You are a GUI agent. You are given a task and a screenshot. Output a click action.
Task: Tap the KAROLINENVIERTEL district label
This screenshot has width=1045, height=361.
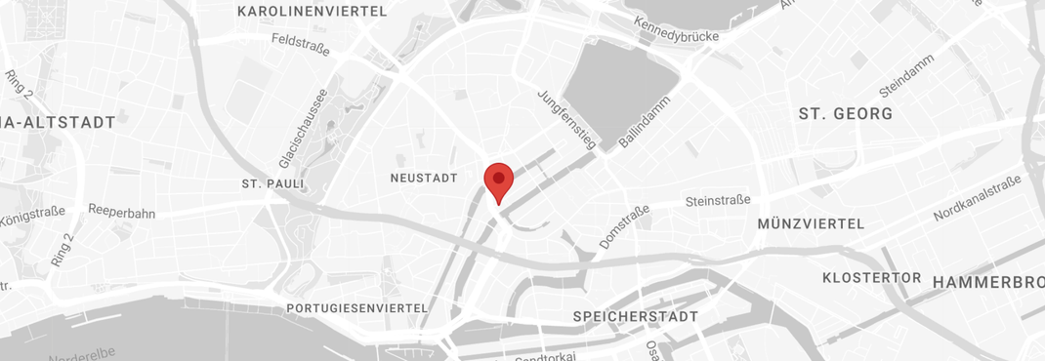312,12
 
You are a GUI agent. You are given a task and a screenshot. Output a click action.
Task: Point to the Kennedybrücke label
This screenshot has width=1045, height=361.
676,29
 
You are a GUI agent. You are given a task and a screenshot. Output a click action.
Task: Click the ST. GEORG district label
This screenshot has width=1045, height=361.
846,114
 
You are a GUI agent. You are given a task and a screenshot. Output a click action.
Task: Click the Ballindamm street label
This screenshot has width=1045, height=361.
643,122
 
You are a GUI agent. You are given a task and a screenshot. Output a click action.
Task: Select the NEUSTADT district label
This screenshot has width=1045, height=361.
424,179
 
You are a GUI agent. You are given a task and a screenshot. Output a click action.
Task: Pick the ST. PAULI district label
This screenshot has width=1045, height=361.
273,183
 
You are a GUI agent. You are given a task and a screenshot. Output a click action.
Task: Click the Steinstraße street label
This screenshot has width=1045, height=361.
718,201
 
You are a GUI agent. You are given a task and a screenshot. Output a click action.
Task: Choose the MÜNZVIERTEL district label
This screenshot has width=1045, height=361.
811,224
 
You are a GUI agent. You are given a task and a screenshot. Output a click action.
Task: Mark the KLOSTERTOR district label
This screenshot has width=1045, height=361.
872,278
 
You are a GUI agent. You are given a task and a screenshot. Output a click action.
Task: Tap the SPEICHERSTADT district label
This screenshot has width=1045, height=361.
635,317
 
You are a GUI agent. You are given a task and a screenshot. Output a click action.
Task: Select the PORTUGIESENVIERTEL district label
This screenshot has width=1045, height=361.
357,308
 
